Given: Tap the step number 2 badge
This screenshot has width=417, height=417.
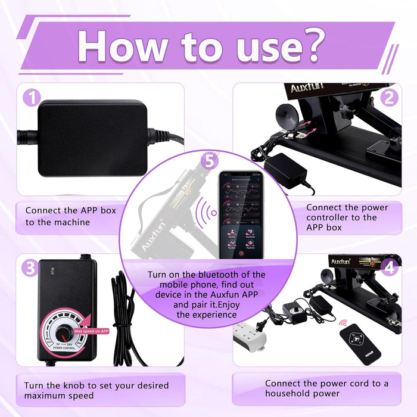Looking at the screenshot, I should click(390, 97).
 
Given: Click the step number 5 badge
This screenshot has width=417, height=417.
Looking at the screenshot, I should click(207, 160).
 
